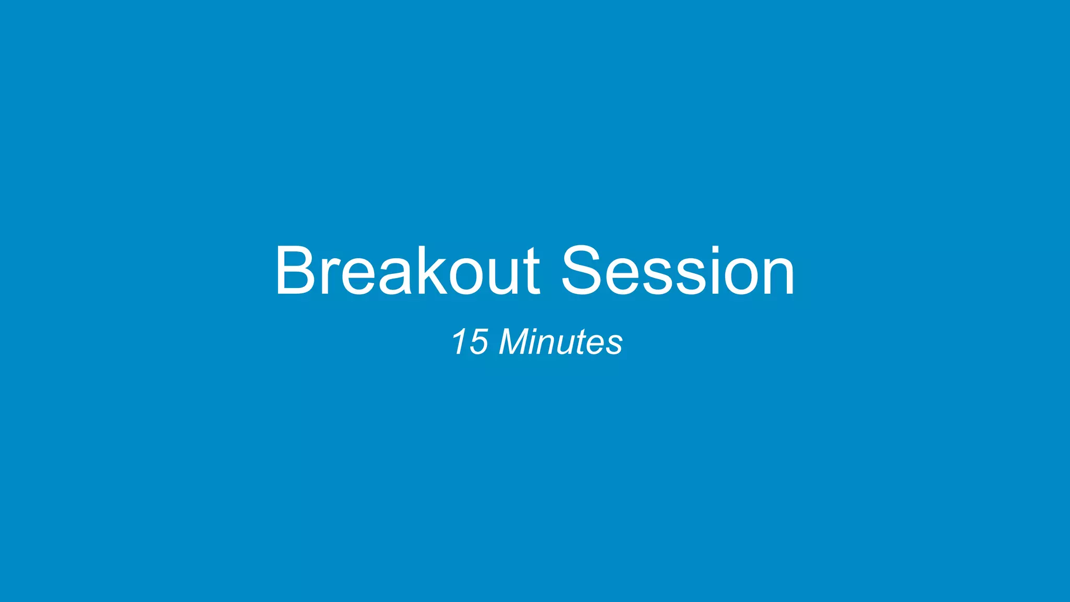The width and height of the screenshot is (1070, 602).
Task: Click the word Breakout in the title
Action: point(407,271)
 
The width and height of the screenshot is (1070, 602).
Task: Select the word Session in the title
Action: point(678,271)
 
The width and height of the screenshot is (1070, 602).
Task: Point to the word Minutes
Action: point(561,342)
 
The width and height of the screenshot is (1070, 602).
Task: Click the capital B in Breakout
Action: point(295,271)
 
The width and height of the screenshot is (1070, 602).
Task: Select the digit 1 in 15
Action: point(460,342)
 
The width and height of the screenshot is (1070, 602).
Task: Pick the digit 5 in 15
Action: point(478,343)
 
